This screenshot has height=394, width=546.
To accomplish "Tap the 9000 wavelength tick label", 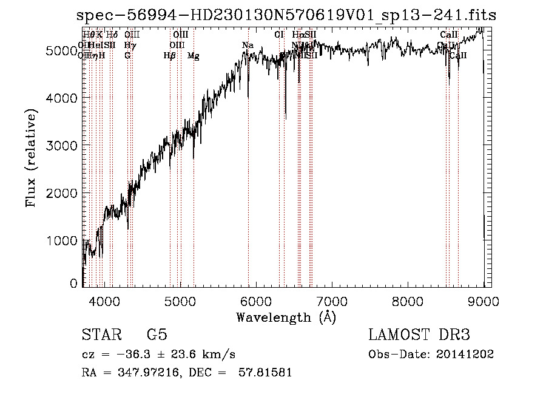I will [484, 301].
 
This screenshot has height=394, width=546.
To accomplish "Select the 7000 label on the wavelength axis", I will [332, 301].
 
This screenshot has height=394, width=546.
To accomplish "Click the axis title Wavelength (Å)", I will [286, 317].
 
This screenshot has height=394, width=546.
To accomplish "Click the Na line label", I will [248, 46].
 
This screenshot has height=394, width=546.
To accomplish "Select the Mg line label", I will [194, 56].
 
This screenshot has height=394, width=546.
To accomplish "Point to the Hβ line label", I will [170, 56].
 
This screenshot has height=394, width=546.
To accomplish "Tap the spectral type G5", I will [157, 336].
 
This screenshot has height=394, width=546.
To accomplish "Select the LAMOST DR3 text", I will [419, 336].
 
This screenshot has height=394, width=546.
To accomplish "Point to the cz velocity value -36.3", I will [135, 355].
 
